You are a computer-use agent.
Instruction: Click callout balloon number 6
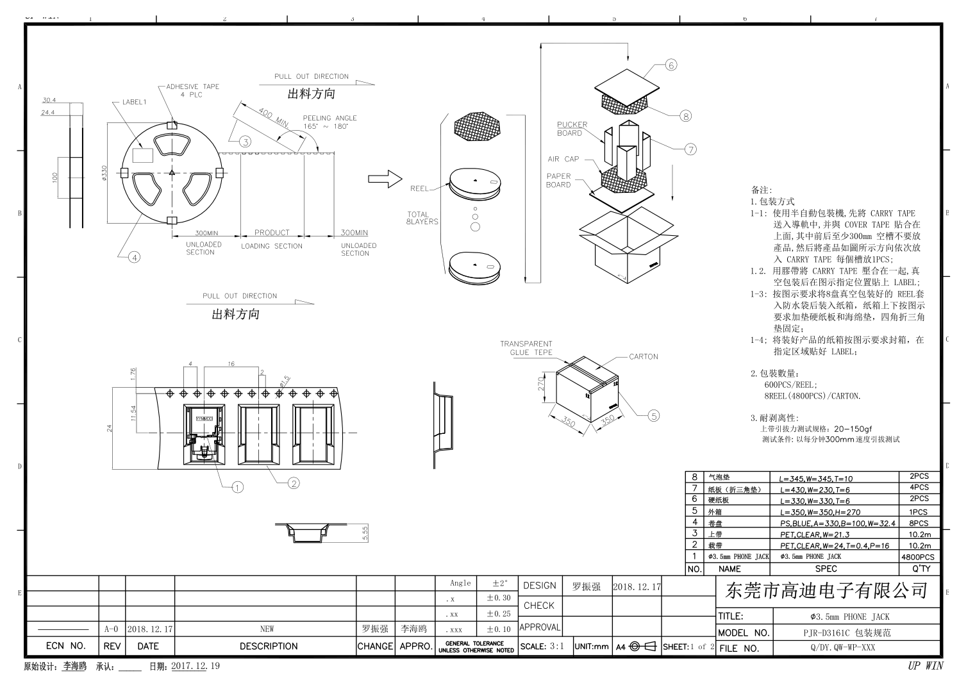click(671, 65)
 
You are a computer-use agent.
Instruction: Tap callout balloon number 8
click(686, 116)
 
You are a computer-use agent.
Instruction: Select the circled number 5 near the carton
click(653, 416)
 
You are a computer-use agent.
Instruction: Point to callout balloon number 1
click(237, 487)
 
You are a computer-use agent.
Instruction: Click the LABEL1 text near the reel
click(135, 102)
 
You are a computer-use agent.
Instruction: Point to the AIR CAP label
click(563, 159)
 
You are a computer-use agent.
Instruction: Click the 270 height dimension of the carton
click(540, 384)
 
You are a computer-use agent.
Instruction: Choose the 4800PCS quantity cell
click(918, 557)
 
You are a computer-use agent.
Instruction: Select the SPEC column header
click(826, 568)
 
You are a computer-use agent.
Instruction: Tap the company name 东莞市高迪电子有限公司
click(827, 590)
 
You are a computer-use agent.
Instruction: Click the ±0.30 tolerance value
click(499, 598)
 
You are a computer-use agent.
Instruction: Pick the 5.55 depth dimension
click(365, 533)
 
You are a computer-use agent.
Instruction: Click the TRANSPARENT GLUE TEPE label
click(526, 348)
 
